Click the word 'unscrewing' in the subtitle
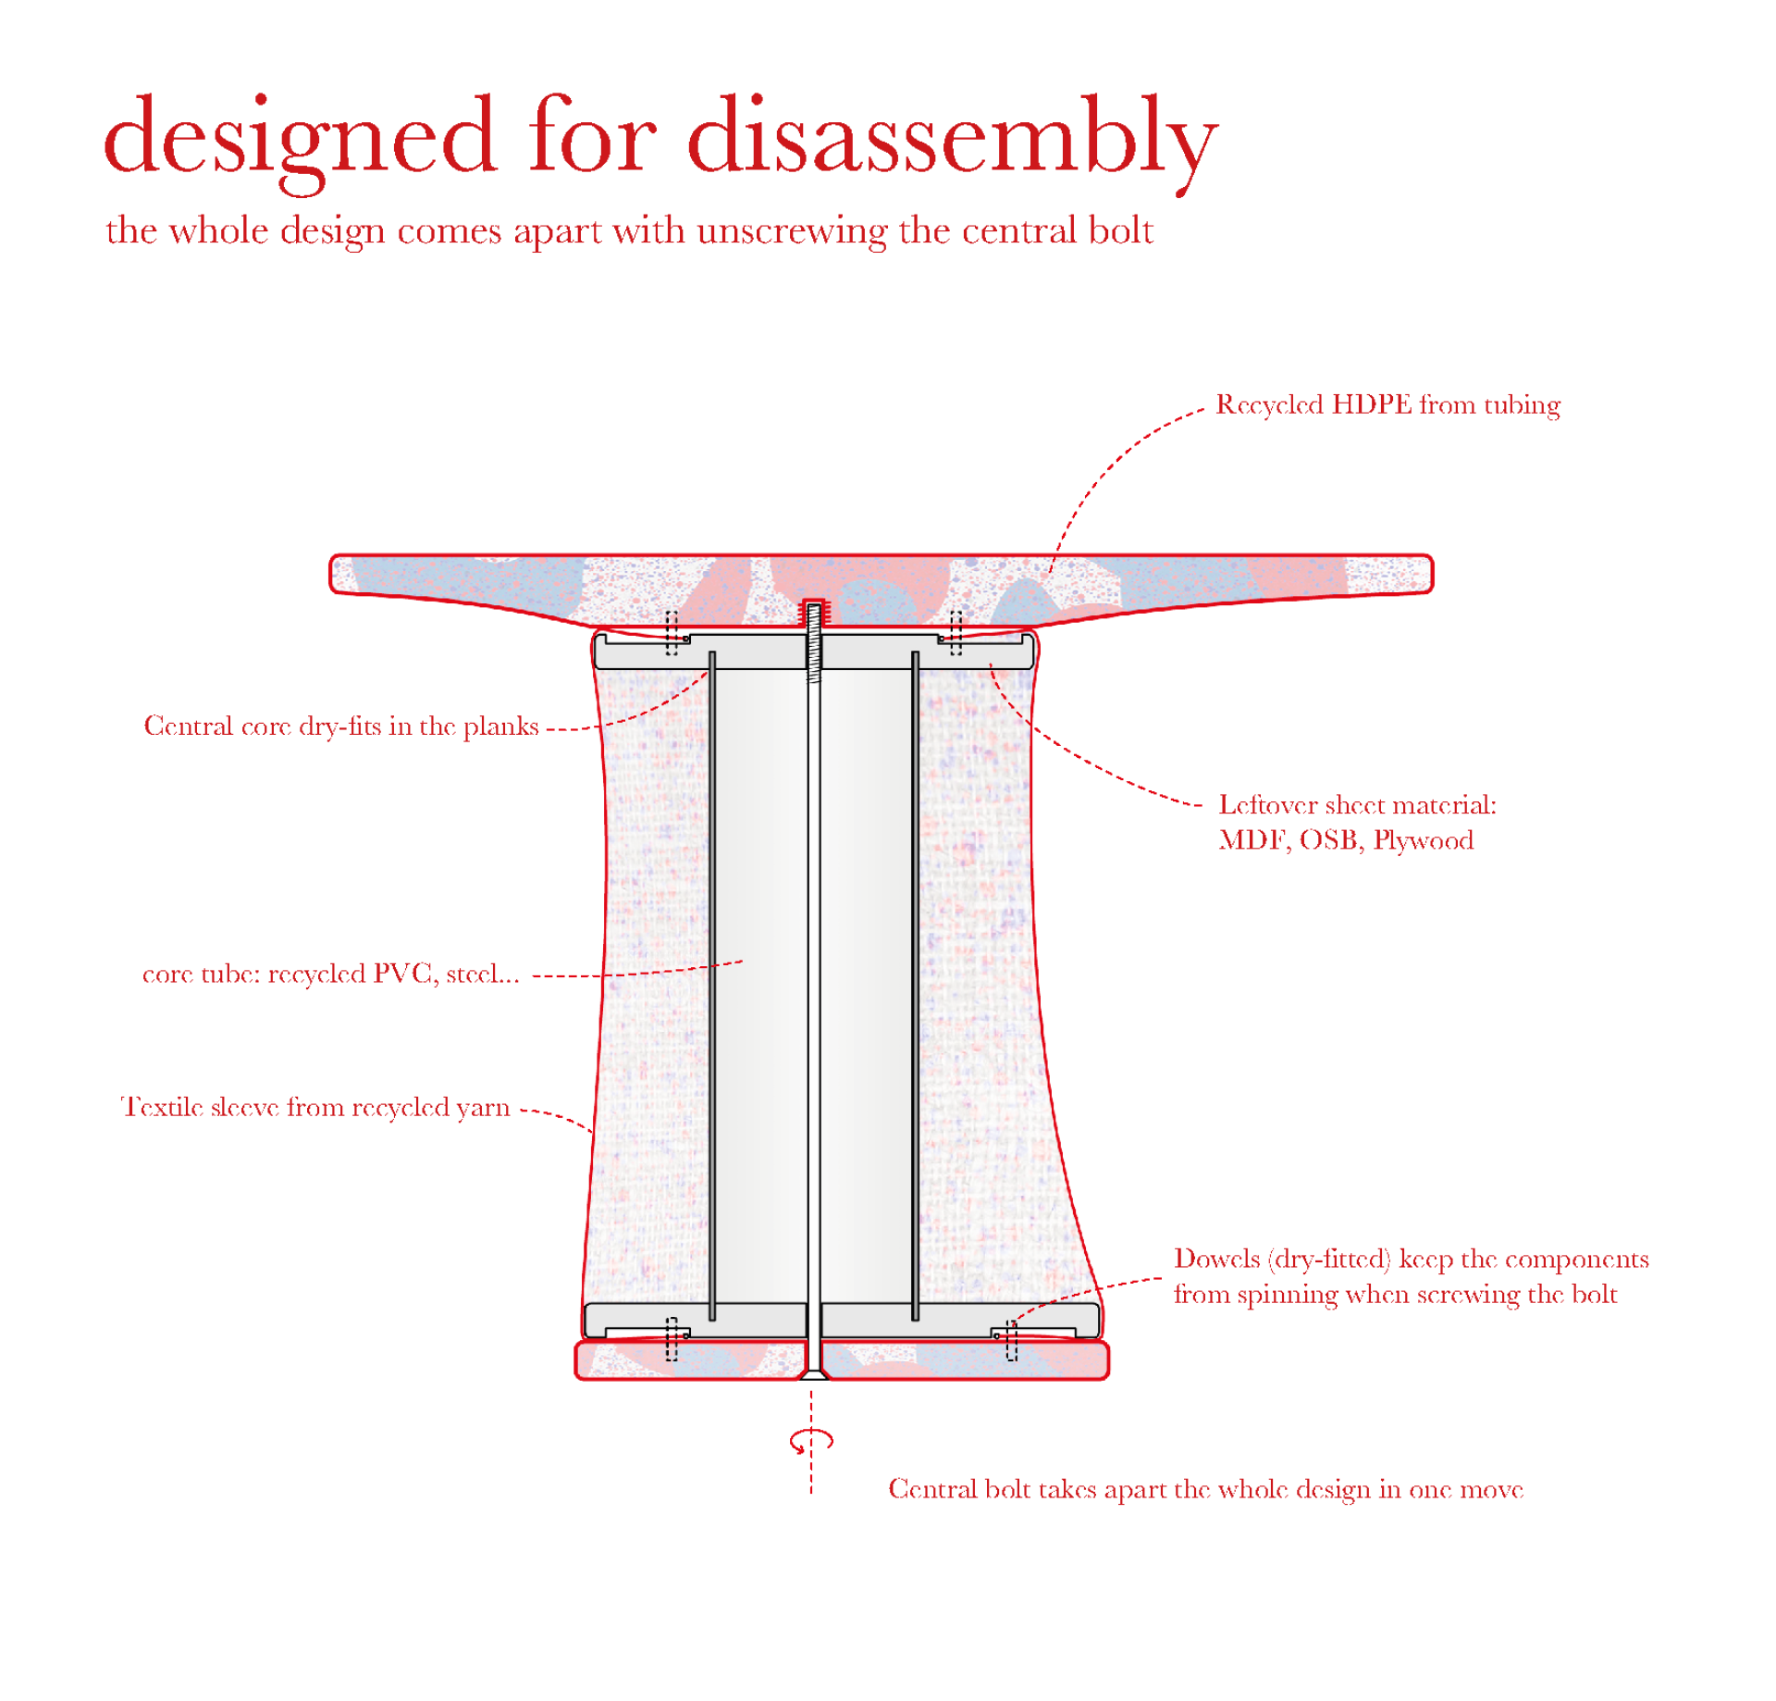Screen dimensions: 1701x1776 792,231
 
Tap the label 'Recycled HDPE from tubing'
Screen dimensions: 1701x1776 1387,404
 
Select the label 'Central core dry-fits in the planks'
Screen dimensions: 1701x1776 340,726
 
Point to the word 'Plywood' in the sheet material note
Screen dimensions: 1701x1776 1423,840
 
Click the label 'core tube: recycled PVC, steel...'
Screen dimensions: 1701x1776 330,974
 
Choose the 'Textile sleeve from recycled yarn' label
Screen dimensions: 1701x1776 315,1107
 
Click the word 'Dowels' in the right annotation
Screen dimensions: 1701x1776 1217,1259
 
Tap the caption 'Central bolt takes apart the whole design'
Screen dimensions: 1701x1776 1205,1489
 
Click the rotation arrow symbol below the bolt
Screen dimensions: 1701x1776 811,1440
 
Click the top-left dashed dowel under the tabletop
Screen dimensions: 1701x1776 672,633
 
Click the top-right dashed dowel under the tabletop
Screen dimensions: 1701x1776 956,633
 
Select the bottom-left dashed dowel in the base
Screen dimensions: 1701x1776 672,1339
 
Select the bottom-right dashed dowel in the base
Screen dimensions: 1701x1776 1011,1340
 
